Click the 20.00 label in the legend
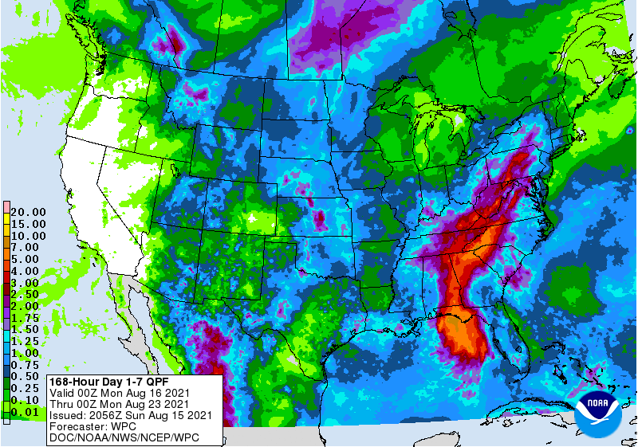tap(28, 212)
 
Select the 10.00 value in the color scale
tap(28, 236)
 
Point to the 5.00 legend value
tap(28, 259)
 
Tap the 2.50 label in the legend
tap(28, 294)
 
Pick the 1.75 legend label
tap(28, 318)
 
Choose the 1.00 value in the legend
tap(28, 353)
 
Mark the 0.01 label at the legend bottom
tap(28, 412)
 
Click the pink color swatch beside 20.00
tap(6, 206)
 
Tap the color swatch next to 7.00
tap(6, 248)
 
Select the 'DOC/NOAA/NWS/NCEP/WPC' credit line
tap(123, 437)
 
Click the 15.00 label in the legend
tap(28, 224)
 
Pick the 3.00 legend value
tap(28, 283)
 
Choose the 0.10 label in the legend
tap(28, 400)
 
